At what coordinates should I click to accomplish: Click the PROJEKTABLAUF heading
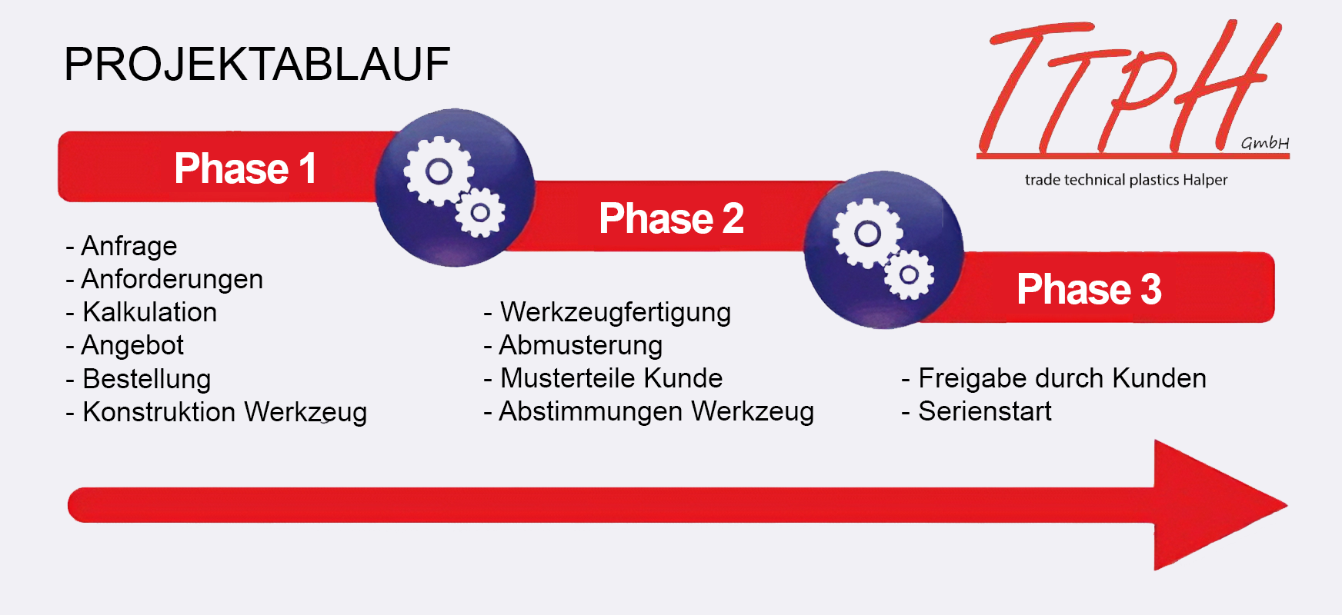pos(257,64)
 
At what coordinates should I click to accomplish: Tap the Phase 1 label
pos(245,168)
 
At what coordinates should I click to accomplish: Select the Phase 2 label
pos(671,218)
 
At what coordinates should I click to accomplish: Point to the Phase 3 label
pos(1089,289)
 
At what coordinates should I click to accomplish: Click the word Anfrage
pos(129,246)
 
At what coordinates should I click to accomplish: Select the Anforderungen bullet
pos(164,279)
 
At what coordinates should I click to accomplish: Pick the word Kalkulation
pos(150,312)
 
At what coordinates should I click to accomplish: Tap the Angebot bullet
pos(125,346)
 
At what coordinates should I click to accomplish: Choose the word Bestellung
pos(147,379)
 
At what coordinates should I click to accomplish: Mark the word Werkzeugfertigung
pos(616,313)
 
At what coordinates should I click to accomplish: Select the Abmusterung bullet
pos(573,346)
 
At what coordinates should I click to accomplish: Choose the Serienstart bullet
pos(976,411)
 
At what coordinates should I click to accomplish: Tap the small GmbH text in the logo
pos(1265,143)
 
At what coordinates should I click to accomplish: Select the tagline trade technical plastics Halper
pos(1126,180)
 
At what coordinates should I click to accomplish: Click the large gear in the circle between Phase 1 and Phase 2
pos(439,171)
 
